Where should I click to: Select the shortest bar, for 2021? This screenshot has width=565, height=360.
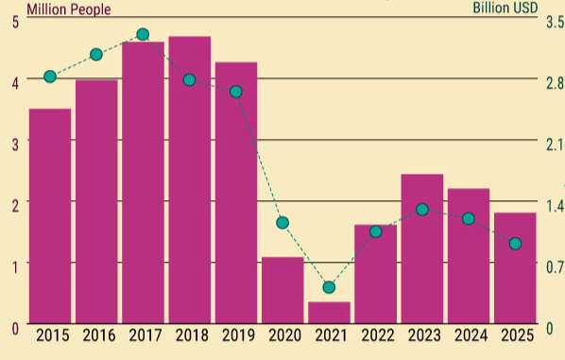329,313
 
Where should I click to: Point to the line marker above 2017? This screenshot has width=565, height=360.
143,35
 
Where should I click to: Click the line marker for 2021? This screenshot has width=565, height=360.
329,287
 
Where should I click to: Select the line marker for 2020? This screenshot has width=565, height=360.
282,223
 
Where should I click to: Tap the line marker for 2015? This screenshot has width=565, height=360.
50,77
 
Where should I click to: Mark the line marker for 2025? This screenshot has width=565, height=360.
515,244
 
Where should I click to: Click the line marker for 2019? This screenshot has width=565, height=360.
236,92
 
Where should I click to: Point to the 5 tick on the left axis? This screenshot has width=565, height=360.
14,22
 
